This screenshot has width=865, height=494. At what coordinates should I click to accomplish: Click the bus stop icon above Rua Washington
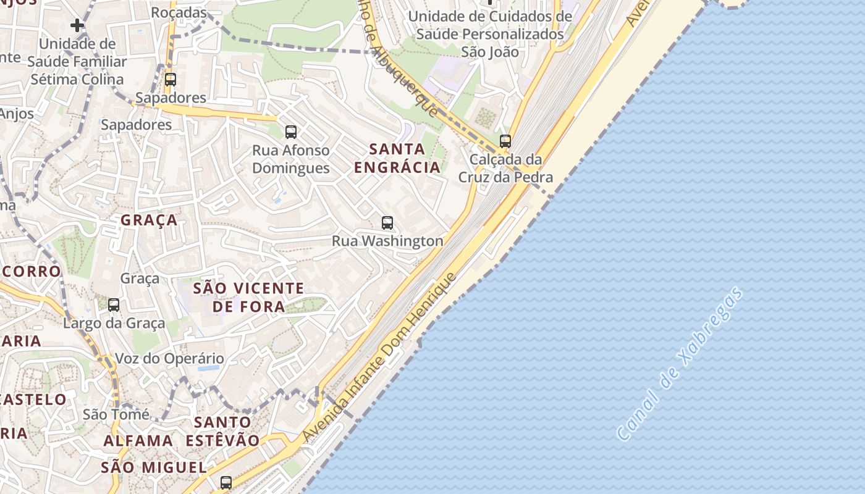tap(387, 223)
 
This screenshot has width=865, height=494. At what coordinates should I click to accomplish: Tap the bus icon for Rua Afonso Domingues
tap(291, 132)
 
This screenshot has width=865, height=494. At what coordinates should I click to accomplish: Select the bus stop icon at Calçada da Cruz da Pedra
tap(505, 141)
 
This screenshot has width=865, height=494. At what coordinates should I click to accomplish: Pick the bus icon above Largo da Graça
tap(114, 304)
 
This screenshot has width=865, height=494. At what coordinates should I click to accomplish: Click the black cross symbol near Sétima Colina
tap(77, 25)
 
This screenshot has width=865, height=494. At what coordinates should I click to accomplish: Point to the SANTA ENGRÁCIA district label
tap(397, 158)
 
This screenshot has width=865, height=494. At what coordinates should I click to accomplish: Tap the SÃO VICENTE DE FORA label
tap(248, 297)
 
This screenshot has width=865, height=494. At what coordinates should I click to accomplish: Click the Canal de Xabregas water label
tap(680, 364)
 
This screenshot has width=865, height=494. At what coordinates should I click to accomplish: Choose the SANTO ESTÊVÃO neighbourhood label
tap(223, 432)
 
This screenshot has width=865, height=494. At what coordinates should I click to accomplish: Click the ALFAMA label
tap(138, 441)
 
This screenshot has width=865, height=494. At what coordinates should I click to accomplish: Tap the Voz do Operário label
tap(170, 359)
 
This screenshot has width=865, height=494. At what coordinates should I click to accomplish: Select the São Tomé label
tap(116, 414)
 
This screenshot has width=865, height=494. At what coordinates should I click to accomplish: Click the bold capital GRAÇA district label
tap(149, 220)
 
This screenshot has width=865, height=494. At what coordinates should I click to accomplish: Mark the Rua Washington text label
tap(387, 241)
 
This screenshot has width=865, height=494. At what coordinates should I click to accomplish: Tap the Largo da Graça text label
tap(114, 323)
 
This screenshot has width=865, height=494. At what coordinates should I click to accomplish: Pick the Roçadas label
tap(179, 12)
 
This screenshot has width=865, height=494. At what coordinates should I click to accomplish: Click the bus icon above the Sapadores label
tap(170, 80)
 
